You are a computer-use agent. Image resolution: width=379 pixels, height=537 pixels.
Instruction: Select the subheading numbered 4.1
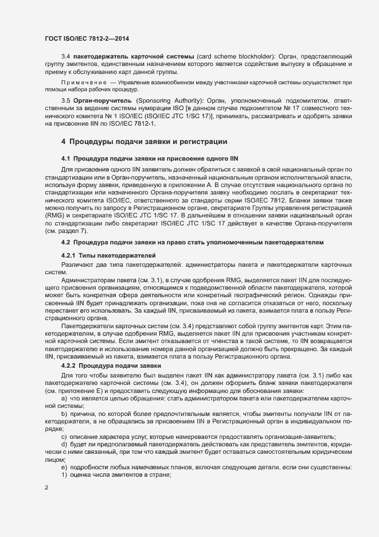point(149,158)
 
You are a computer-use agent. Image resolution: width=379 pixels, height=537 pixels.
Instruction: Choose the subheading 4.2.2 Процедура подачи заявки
point(112,365)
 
